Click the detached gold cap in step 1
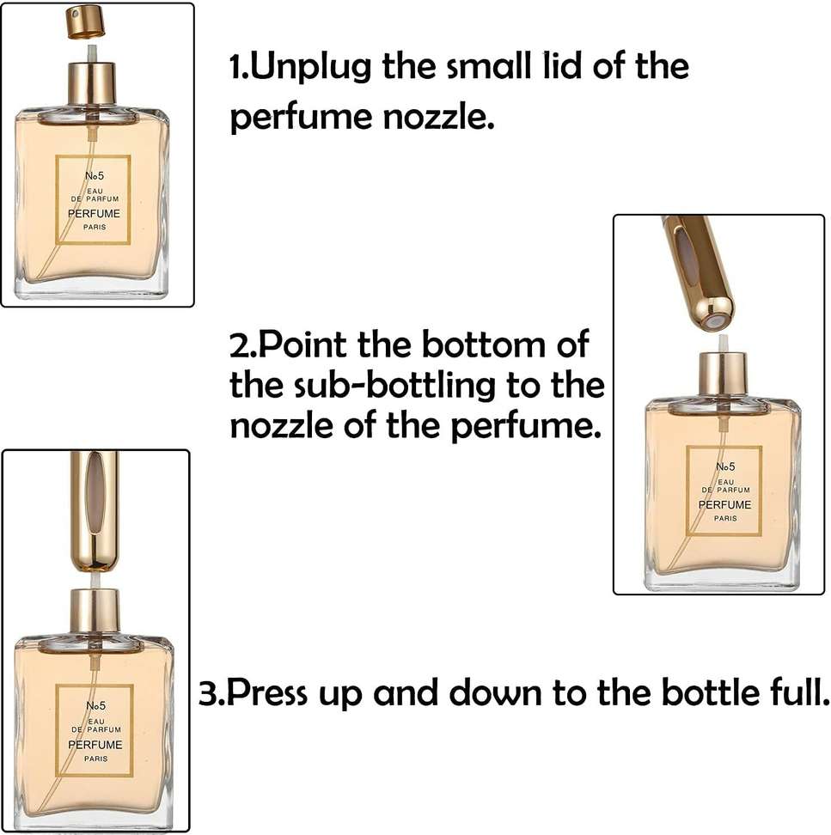click(x=85, y=22)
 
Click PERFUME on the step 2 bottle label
click(x=723, y=505)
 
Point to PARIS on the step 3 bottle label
click(x=95, y=759)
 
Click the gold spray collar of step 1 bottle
click(x=92, y=84)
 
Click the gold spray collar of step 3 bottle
click(x=94, y=610)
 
